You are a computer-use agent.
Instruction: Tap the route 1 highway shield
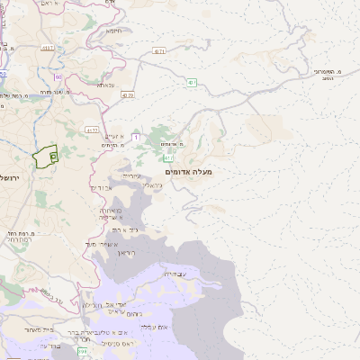click(x=136, y=137)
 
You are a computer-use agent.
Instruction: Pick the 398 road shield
click(x=82, y=350)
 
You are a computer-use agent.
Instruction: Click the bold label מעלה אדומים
click(x=188, y=171)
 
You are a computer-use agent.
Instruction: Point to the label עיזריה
click(x=131, y=176)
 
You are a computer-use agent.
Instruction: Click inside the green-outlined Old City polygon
click(x=42, y=158)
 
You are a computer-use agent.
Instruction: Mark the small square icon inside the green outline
click(x=53, y=157)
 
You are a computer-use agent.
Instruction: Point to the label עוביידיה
click(x=175, y=274)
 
